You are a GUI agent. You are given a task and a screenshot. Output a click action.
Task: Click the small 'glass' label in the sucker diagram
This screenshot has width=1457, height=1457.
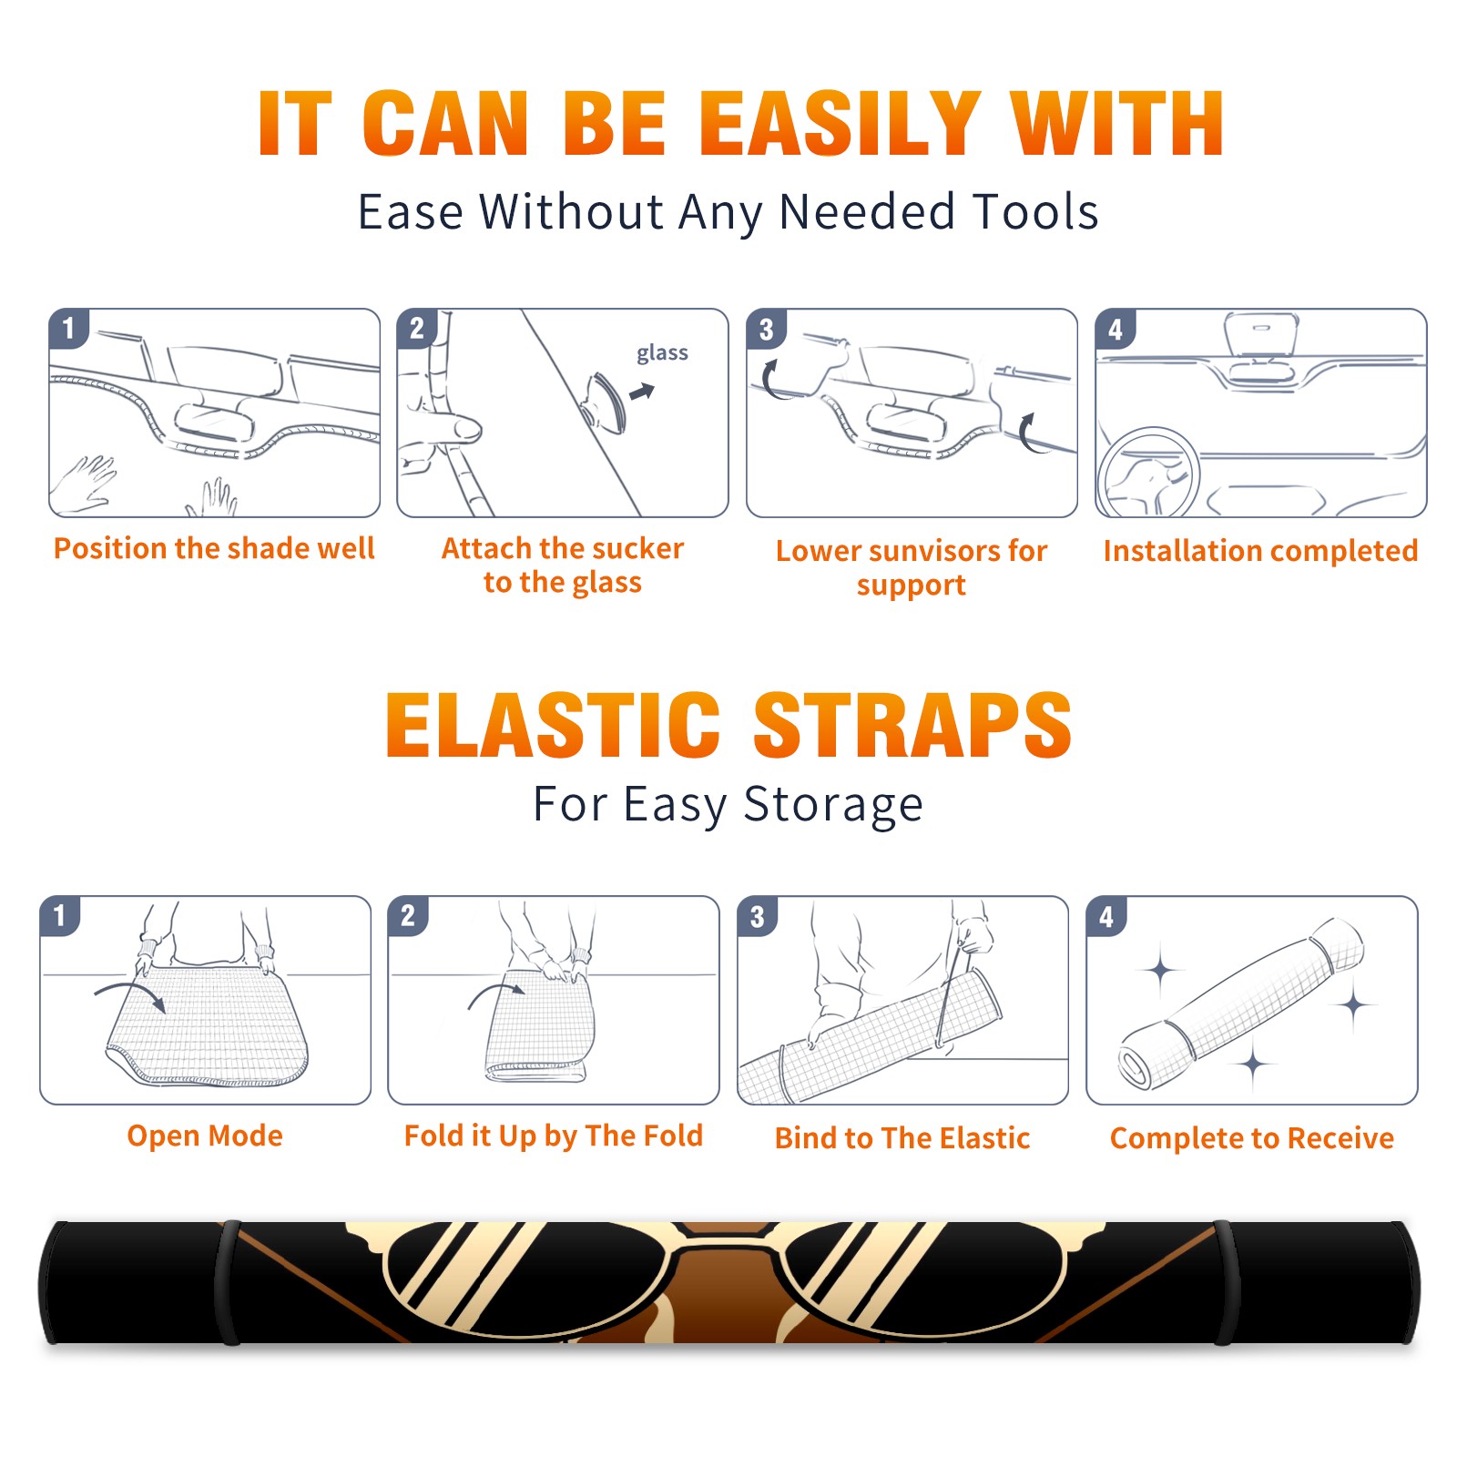tap(662, 352)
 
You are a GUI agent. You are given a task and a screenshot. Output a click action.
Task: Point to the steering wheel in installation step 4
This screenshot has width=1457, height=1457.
tap(1149, 474)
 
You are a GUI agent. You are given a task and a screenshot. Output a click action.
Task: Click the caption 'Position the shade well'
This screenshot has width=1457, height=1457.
tap(214, 548)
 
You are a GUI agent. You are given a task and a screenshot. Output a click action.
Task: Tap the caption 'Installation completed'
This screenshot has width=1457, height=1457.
tap(1260, 550)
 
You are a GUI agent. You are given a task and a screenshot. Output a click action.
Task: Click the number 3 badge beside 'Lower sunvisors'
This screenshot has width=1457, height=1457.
tap(766, 330)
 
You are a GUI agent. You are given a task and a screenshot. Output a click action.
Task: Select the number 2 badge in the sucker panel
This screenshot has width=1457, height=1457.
tap(417, 329)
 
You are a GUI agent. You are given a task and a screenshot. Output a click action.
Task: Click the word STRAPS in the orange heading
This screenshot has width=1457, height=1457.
tap(912, 725)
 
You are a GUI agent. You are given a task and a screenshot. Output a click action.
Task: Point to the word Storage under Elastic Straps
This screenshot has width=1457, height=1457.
tap(833, 805)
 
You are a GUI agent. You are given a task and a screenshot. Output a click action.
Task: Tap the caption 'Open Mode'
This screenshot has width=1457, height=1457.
tap(205, 1136)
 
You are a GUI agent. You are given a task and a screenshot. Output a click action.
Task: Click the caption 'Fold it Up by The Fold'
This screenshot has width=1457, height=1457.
tap(554, 1136)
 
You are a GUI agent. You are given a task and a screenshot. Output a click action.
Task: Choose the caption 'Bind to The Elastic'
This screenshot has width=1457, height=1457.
tap(902, 1138)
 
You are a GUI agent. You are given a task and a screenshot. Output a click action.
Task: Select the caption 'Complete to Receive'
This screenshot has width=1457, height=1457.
tap(1252, 1138)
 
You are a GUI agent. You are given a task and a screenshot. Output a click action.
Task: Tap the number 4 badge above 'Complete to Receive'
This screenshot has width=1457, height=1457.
tap(1106, 917)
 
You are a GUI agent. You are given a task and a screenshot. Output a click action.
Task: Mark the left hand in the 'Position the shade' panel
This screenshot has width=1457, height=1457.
tap(84, 483)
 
